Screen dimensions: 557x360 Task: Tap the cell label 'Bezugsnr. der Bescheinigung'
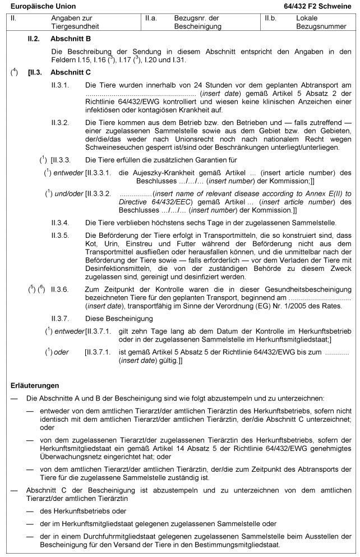pos(197,22)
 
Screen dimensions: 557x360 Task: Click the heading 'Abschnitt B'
pos(71,39)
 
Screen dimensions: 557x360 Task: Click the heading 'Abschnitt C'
pos(71,72)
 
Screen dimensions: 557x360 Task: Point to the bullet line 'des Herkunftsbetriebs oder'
pos(84,511)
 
